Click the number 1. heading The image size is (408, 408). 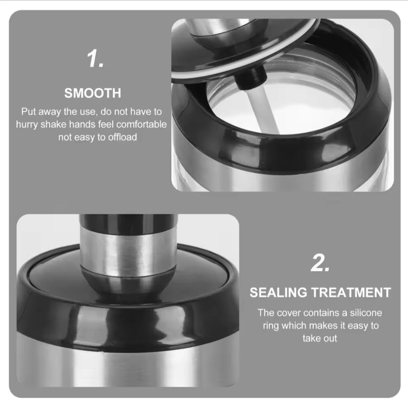(95, 59)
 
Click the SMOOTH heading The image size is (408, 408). (93, 93)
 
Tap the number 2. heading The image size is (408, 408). (320, 263)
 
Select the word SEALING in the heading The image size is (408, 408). (278, 292)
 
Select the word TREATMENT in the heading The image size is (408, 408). (351, 292)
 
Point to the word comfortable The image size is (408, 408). (141, 124)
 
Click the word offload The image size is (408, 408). (122, 137)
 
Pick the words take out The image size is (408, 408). (320, 338)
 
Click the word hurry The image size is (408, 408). (27, 125)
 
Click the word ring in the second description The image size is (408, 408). (271, 326)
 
